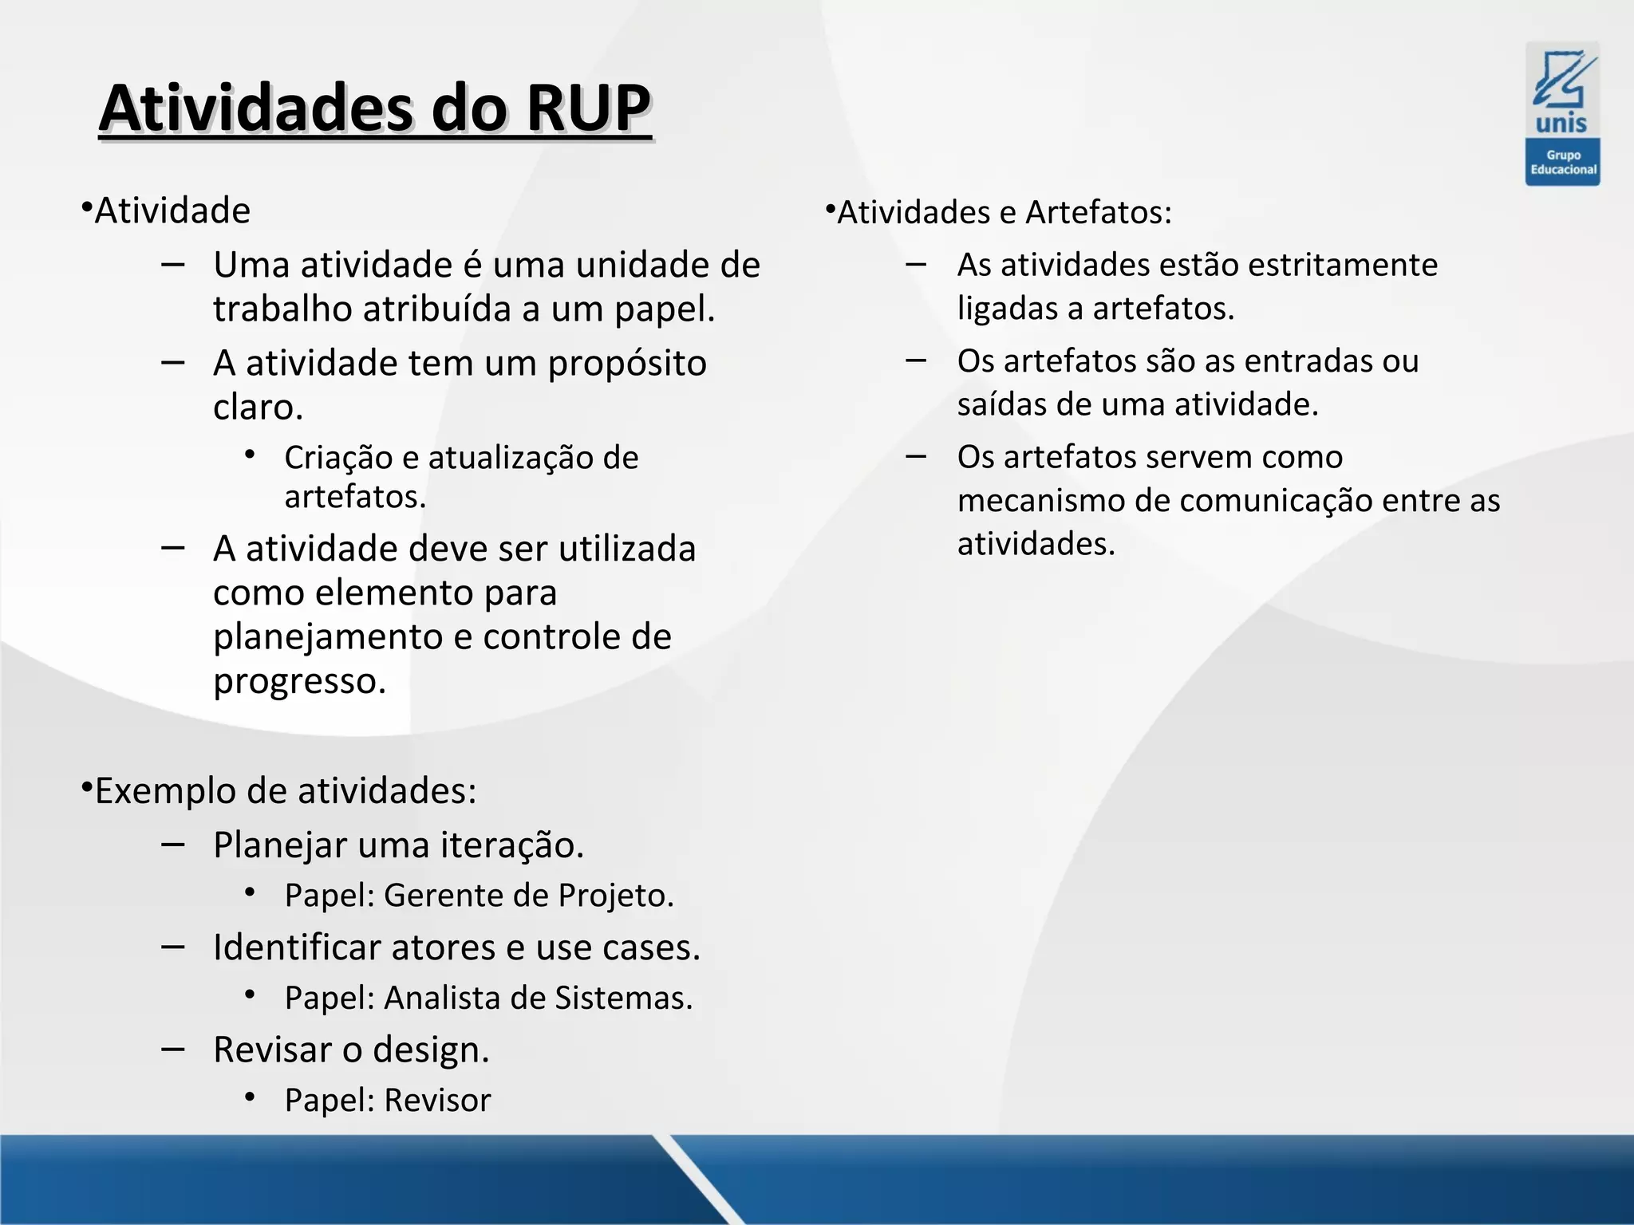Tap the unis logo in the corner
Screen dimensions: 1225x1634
[x=1562, y=91]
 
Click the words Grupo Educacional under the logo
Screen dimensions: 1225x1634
[x=1563, y=163]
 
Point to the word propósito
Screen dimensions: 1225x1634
[x=626, y=364]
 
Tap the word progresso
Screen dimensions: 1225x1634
[x=299, y=681]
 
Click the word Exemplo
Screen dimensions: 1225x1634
[x=165, y=791]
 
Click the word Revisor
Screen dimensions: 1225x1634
[x=437, y=1101]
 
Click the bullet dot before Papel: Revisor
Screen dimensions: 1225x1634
[x=250, y=1097]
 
